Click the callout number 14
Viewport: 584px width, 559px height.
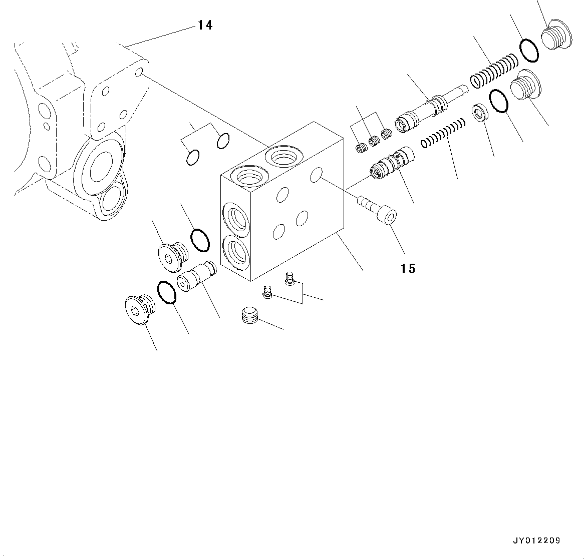pyautogui.click(x=204, y=25)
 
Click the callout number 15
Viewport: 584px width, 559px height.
pyautogui.click(x=408, y=269)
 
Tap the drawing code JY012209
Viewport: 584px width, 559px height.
pyautogui.click(x=536, y=540)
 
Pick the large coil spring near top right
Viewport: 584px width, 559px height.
pyautogui.click(x=493, y=69)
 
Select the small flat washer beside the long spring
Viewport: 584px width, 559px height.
pyautogui.click(x=480, y=112)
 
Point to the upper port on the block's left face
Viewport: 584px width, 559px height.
pyautogui.click(x=235, y=219)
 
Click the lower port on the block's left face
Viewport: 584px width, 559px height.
pyautogui.click(x=235, y=252)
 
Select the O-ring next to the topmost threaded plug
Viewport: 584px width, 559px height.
pyautogui.click(x=529, y=50)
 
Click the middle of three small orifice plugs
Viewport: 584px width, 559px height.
pyautogui.click(x=374, y=142)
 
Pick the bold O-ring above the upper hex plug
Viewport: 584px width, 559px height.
pyautogui.click(x=200, y=239)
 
